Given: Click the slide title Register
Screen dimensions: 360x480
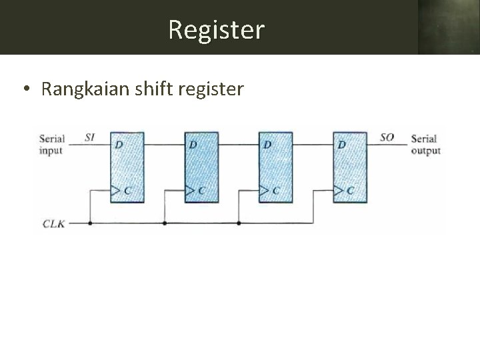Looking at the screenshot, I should (217, 29).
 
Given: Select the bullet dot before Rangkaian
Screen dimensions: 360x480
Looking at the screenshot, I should (25, 89).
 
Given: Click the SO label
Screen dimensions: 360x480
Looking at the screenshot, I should (387, 137).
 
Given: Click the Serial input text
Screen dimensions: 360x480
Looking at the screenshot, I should (51, 145).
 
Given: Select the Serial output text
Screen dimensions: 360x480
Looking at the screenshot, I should (425, 145).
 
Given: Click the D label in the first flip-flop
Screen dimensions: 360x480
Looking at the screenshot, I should (118, 144).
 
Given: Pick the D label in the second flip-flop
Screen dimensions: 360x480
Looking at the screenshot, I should (193, 144).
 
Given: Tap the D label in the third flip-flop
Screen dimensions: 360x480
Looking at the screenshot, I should (267, 144).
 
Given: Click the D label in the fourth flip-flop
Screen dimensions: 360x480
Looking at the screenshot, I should (342, 144).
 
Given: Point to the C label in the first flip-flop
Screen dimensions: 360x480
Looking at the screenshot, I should (127, 191).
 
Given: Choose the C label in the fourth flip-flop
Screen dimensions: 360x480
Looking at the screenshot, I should (350, 191).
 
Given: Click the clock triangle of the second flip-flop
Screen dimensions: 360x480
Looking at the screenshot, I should (189, 191).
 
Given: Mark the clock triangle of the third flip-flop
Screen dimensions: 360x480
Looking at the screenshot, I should (264, 191).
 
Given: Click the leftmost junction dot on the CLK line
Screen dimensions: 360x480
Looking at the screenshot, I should (90, 223).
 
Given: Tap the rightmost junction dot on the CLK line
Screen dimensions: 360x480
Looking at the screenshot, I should (239, 223).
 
